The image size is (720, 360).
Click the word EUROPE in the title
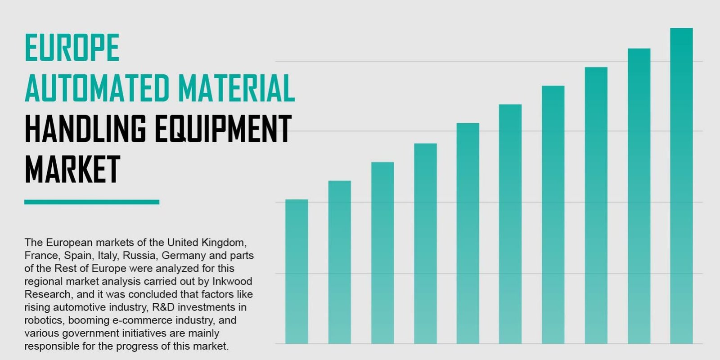pyautogui.click(x=72, y=47)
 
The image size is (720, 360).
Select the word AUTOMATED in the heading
pyautogui.click(x=97, y=88)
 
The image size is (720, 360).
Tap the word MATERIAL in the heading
pyautogui.click(x=236, y=88)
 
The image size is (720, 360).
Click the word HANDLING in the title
pyautogui.click(x=85, y=129)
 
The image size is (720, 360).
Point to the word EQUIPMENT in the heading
pyautogui.click(x=223, y=129)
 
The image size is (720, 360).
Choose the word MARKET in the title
pyautogui.click(x=72, y=169)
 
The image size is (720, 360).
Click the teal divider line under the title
pyautogui.click(x=92, y=202)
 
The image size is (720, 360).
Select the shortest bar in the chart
pyautogui.click(x=297, y=272)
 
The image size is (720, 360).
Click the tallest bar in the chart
pyautogui.click(x=681, y=186)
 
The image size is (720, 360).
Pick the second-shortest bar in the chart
pyautogui.click(x=339, y=262)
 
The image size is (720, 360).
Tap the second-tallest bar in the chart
pyautogui.click(x=639, y=196)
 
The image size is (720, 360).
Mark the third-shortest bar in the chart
pyautogui.click(x=382, y=253)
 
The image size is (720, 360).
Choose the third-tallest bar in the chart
pyautogui.click(x=596, y=205)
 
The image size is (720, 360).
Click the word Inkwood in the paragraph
pyautogui.click(x=232, y=281)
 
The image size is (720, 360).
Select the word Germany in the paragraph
pyautogui.click(x=184, y=256)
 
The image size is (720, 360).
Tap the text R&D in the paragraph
pyautogui.click(x=163, y=307)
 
